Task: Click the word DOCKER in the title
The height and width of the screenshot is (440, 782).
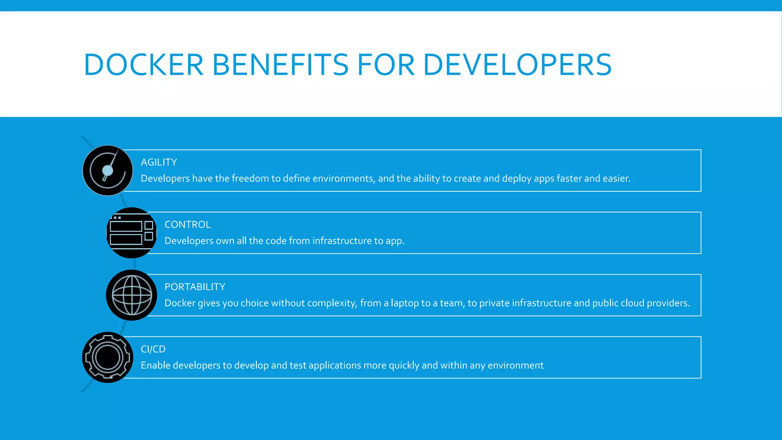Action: coord(144,65)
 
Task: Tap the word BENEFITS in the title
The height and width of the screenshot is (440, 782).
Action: coord(280,65)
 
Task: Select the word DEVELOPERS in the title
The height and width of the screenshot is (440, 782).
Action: coord(517,65)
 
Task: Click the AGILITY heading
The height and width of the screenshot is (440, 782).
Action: coord(159,162)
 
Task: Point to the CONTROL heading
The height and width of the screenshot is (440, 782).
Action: coord(187,225)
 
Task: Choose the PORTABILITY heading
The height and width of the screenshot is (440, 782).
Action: coord(195,287)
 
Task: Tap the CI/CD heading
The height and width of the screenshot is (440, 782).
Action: coord(153,349)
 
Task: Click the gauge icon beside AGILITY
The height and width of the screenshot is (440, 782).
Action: coord(108,170)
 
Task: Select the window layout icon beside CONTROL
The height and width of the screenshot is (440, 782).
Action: coord(131,233)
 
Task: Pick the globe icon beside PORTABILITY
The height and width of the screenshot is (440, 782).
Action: coord(131,295)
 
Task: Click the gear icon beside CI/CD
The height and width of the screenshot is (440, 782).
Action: coord(108,357)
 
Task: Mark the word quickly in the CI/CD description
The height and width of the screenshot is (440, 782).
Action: coord(404,366)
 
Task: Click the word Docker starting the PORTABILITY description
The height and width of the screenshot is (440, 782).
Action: coord(179,303)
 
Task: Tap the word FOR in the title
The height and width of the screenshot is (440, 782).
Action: coord(386,65)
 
